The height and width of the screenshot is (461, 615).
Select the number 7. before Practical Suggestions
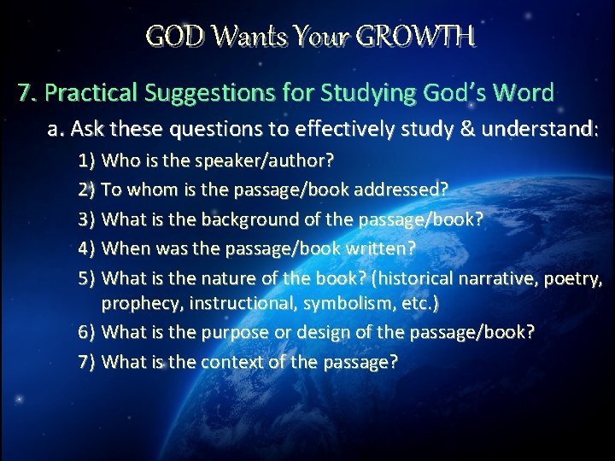click(x=26, y=92)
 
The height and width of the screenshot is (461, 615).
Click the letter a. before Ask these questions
click(x=57, y=130)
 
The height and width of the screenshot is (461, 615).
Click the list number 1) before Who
click(x=86, y=160)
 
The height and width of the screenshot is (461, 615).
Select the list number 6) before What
click(x=86, y=332)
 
